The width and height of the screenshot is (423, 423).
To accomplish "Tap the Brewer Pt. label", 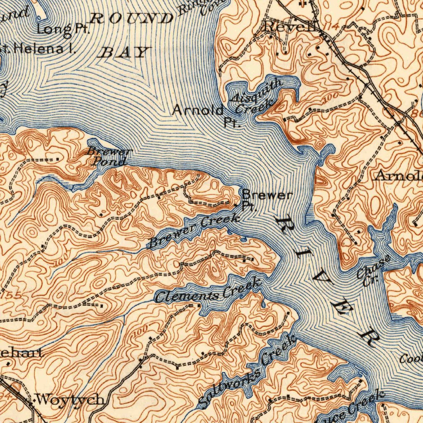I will coord(267,199).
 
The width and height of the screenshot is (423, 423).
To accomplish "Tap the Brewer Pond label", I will coord(109,157).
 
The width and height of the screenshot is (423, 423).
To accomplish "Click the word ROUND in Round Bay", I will coord(132,19).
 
